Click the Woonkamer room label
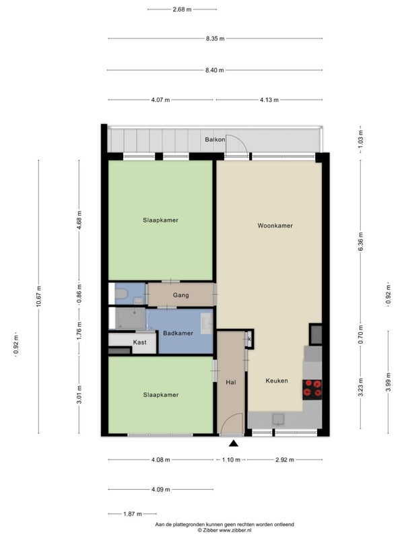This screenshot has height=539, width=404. tap(275, 226)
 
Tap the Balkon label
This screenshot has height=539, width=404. tap(215, 139)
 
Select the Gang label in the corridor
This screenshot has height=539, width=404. tap(180, 295)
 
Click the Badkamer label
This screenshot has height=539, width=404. tap(178, 333)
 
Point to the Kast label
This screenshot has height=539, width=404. tap(140, 342)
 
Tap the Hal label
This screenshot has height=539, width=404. tap(231, 382)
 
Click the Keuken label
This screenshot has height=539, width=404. tap(277, 381)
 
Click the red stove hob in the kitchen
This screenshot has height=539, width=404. tap(312, 389)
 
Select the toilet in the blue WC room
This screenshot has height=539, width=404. tap(121, 294)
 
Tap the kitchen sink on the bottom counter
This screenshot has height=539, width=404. tap(278, 420)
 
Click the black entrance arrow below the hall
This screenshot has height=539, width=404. tap(234, 443)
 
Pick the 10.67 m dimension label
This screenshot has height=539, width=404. tap(39, 296)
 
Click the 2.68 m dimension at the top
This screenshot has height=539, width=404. tap(182, 9)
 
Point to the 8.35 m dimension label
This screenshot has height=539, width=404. tap(215, 39)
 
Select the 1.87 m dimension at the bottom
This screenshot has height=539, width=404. tap(133, 514)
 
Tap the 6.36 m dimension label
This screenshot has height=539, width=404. tap(361, 242)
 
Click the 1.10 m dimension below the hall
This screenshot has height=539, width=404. tap(231, 460)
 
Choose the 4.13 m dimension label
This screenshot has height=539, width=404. tap(269, 100)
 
